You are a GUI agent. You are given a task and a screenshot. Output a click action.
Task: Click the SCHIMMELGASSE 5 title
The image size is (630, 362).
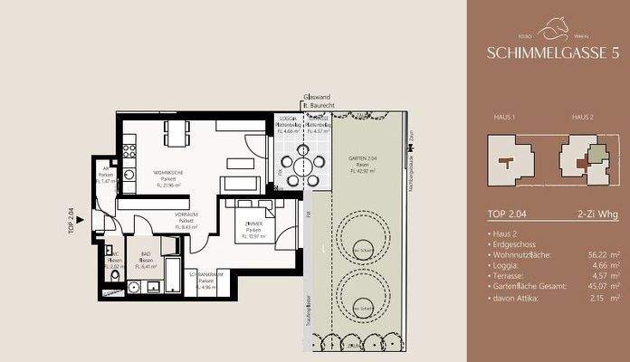click(553, 54)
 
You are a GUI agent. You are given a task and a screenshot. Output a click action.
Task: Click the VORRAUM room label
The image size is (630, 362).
click(186, 220)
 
